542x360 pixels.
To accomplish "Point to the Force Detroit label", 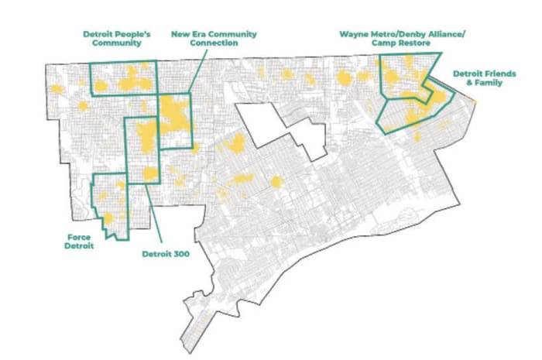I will click(x=78, y=241).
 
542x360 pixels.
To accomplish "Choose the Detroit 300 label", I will click(x=166, y=253).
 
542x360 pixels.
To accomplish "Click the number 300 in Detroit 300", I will click(x=182, y=253).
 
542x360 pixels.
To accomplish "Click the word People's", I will click(x=129, y=33).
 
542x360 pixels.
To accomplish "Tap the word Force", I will click(x=78, y=236).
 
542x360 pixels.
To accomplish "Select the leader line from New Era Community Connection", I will click(x=198, y=73).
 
